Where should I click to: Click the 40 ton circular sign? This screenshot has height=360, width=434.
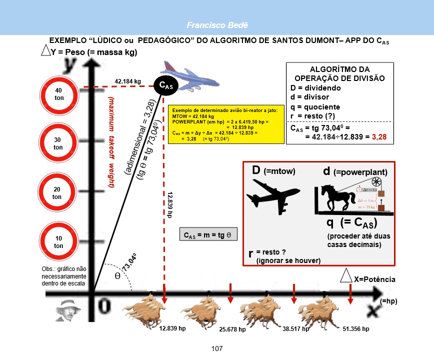coord(58,93)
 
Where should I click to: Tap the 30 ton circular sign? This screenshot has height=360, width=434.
coord(58,143)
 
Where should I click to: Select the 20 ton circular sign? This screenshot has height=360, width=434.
coord(58,193)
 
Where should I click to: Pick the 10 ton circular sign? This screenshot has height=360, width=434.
coord(58,242)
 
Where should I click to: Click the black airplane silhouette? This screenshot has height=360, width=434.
coord(273,195)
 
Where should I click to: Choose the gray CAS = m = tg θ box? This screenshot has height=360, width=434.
coord(208,235)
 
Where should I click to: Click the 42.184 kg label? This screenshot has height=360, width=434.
coord(128,81)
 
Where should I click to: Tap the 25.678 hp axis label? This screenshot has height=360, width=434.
coord(232,329)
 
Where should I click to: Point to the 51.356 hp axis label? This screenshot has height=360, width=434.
coord(356,329)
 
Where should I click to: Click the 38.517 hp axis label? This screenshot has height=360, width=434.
coord(295,329)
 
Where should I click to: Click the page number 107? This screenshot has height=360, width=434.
coord(217,348)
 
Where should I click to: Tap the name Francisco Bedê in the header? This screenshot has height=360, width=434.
coord(217,24)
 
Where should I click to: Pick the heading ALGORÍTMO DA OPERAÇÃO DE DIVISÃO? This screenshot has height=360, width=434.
coord(339,73)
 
